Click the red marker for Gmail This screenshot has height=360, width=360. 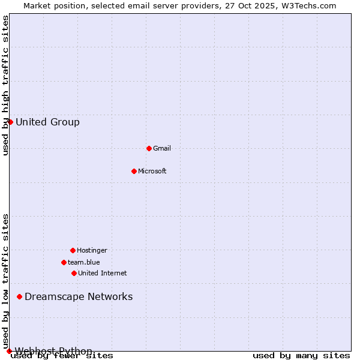149,148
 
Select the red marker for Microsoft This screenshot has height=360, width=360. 134,171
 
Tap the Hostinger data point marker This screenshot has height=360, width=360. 73,250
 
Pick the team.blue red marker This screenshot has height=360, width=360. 64,262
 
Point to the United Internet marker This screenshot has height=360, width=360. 74,273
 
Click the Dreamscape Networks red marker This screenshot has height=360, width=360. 19,296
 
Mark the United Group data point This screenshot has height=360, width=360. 10,122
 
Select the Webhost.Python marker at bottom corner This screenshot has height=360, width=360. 9,351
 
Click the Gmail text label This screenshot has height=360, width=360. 162,148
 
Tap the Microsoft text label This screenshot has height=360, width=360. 152,171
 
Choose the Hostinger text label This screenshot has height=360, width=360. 92,250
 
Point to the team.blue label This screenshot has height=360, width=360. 84,262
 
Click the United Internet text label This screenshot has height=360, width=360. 103,273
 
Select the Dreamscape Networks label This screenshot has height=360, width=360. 79,296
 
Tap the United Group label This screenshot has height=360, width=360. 47,122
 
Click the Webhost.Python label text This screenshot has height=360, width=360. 53,351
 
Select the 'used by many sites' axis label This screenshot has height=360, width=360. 301,356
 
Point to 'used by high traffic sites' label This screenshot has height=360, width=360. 6,85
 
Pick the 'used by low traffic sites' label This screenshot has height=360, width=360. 6,281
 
